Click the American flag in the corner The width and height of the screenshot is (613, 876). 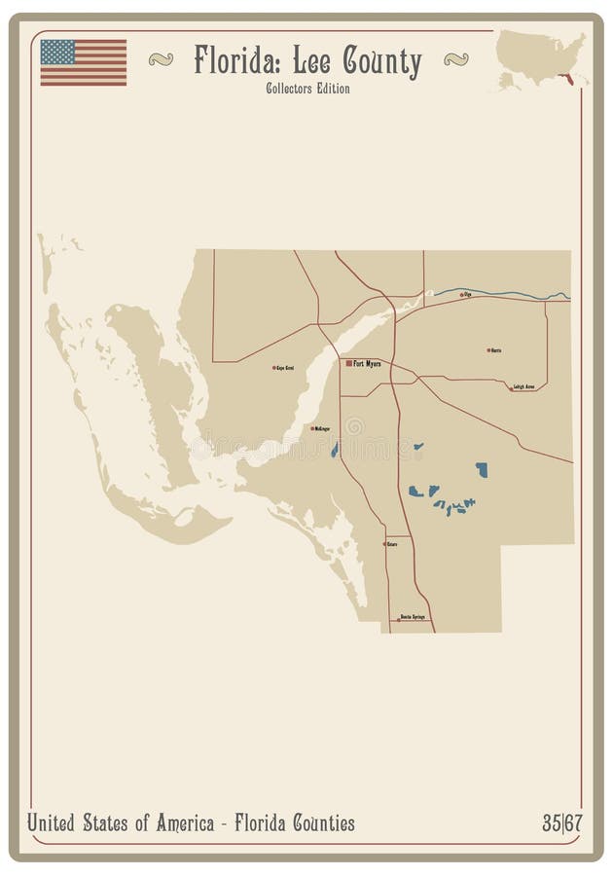pyautogui.click(x=83, y=61)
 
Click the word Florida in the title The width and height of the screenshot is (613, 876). pyautogui.click(x=228, y=61)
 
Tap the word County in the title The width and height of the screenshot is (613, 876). pyautogui.click(x=382, y=62)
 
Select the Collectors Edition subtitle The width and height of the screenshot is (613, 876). pyautogui.click(x=306, y=89)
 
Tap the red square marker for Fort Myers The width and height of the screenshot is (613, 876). pyautogui.click(x=348, y=363)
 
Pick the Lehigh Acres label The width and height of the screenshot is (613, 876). pyautogui.click(x=525, y=386)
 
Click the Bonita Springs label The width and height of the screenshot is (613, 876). pyautogui.click(x=413, y=617)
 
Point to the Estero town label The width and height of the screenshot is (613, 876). pyautogui.click(x=391, y=544)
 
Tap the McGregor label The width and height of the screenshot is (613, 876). pyautogui.click(x=322, y=428)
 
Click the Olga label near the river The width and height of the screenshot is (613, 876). pyautogui.click(x=467, y=293)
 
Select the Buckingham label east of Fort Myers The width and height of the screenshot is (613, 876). pyautogui.click(x=496, y=349)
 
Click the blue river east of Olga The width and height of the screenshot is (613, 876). pyautogui.click(x=525, y=295)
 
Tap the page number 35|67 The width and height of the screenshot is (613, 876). pyautogui.click(x=562, y=823)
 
